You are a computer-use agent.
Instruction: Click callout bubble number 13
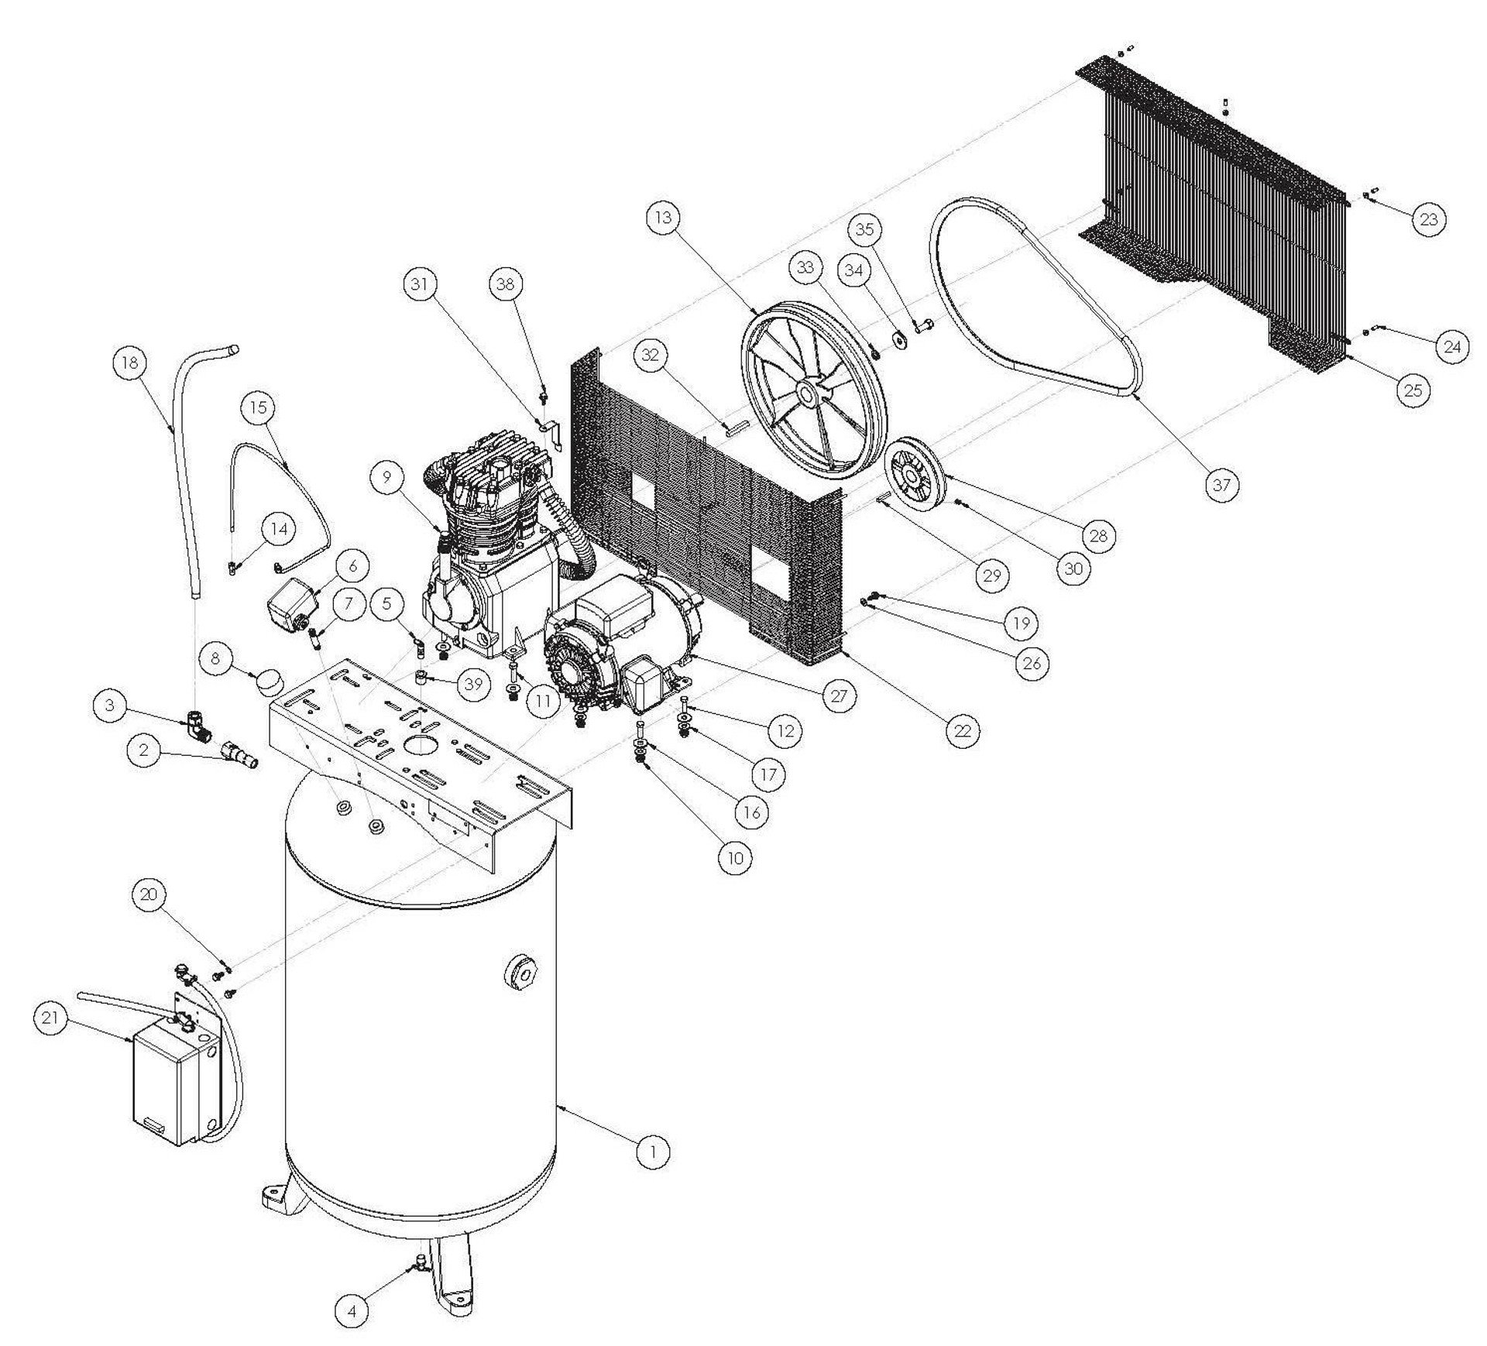[x=664, y=218]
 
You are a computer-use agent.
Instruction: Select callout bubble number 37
[x=1221, y=485]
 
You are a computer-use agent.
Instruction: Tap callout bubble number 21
[x=50, y=1018]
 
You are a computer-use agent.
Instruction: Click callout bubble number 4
[x=352, y=1311]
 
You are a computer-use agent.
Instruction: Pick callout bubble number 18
[x=130, y=363]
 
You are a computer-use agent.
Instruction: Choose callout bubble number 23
[x=1429, y=219]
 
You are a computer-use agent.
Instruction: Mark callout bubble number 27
[x=839, y=695]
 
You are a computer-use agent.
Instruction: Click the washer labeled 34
[x=901, y=340]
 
